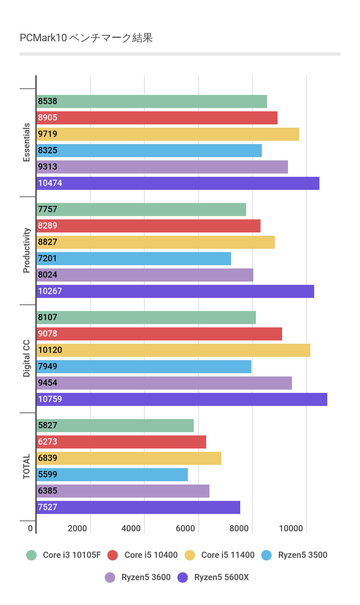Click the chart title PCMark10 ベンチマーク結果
pos(86,38)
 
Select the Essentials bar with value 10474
pos(178,183)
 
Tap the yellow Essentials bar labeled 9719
pos(168,134)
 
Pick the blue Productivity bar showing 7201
pos(134,259)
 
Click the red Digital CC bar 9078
pos(159,334)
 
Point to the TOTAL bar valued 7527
pos(138,507)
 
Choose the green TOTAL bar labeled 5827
pos(115,426)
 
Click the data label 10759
pos(50,399)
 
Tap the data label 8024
pos(48,275)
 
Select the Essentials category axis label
pos(27,142)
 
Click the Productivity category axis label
pos(27,250)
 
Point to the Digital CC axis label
pos(27,358)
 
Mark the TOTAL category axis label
pos(27,467)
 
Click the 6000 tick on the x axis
pos(185,528)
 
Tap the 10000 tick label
pos(291,528)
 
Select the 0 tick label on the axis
pos(30,528)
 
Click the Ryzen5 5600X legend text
pos(222,577)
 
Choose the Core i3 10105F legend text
pos(72,555)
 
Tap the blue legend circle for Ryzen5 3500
pos(267,555)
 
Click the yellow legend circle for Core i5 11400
pos(190,555)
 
